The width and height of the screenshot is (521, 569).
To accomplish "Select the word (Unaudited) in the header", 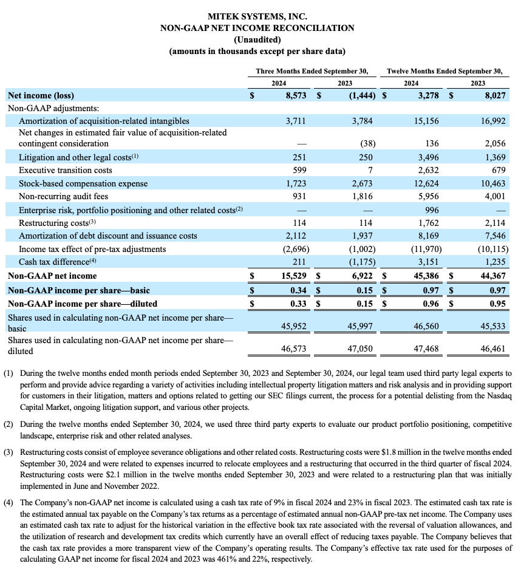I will (x=257, y=39).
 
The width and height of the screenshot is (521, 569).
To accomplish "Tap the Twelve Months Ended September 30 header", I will (x=444, y=71).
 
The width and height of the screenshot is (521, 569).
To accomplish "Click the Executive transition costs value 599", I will (x=298, y=170).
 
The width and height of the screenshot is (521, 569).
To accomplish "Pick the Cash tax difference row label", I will (x=56, y=262).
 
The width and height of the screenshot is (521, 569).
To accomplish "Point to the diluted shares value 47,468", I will (x=423, y=349).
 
